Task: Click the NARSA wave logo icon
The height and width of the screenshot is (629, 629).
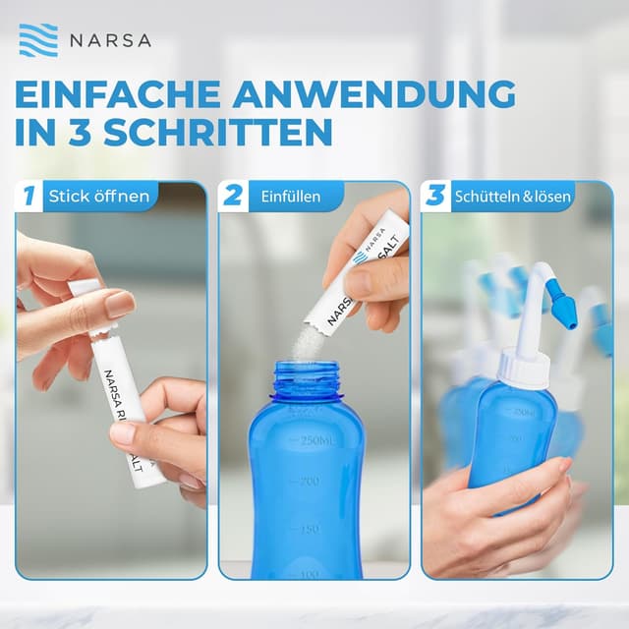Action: [x=38, y=40]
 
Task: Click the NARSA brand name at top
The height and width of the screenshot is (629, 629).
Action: [x=110, y=41]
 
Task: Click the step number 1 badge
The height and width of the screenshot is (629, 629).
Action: [x=29, y=196]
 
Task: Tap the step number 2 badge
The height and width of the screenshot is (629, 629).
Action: [x=233, y=196]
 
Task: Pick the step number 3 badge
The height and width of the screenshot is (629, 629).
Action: [x=435, y=196]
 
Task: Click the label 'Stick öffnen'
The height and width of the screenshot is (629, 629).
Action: [x=99, y=197]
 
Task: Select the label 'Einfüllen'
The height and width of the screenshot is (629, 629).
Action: [x=291, y=197]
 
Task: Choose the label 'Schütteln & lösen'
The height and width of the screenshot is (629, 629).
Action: [x=512, y=197]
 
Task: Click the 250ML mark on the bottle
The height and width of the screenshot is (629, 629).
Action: [x=317, y=439]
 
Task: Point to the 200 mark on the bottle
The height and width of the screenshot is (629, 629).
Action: [x=311, y=482]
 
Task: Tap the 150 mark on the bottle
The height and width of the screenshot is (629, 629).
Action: [x=310, y=528]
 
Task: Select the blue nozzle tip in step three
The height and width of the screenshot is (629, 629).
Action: [x=564, y=307]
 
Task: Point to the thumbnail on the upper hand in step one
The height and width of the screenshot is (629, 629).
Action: [x=119, y=305]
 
